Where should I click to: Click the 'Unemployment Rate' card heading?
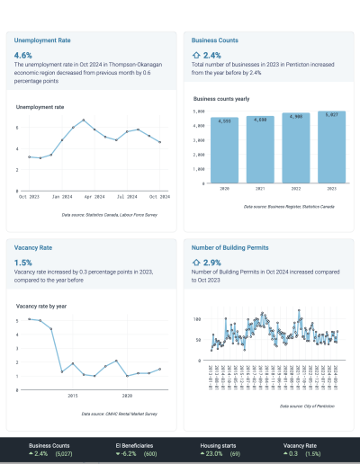[x=40, y=40]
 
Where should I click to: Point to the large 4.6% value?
[x=24, y=55]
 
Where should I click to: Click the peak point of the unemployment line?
[x=84, y=120]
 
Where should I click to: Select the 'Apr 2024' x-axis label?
[x=95, y=195]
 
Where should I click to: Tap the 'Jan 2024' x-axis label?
[x=62, y=195]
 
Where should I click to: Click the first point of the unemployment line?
[x=29, y=156]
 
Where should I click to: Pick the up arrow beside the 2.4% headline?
[x=198, y=55]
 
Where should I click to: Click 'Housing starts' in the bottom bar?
[x=221, y=445]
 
